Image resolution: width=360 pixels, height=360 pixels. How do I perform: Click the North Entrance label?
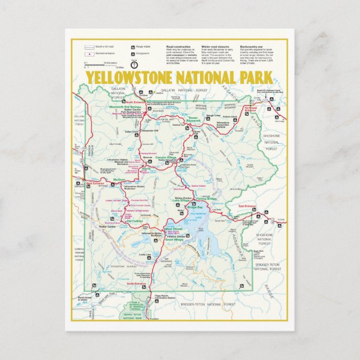[136, 102]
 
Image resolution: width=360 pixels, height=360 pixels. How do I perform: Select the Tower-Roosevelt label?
[193, 119]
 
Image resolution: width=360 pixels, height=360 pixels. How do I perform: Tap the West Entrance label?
[96, 183]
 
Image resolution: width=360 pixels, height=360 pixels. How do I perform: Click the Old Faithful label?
[135, 221]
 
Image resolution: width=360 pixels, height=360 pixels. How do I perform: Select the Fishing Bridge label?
[214, 200]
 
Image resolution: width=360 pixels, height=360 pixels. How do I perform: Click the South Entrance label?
[136, 283]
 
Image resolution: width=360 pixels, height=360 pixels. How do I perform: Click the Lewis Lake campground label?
[145, 254]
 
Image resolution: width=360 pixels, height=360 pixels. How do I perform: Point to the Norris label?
[146, 168]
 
